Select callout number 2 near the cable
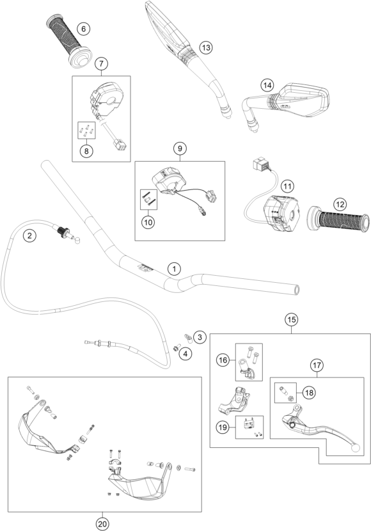(x=29, y=235)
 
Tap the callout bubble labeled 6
(x=82, y=28)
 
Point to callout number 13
(x=205, y=47)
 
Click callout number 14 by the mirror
(x=267, y=84)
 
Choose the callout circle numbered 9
(x=180, y=148)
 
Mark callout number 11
(x=288, y=186)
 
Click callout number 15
(x=291, y=318)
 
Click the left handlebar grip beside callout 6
(x=63, y=43)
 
